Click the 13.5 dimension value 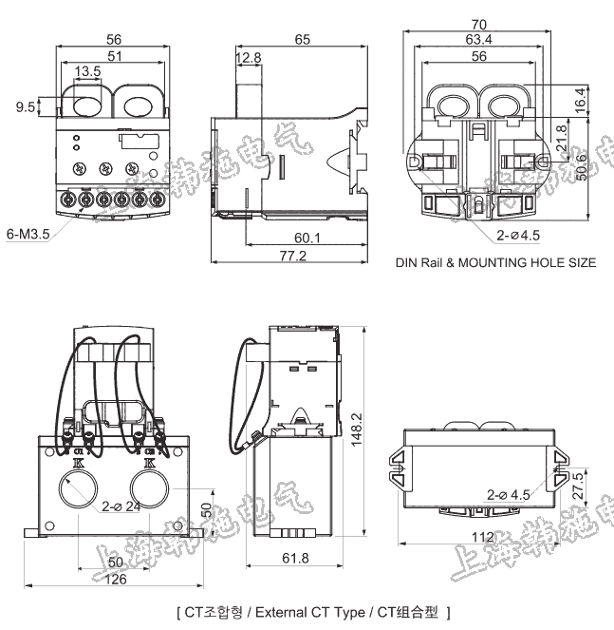[x=88, y=72]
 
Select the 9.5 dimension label [x=26, y=107]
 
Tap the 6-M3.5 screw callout [x=28, y=233]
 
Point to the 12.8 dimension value [x=249, y=59]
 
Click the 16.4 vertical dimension [x=579, y=97]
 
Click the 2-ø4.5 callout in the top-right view [x=518, y=233]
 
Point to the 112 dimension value [x=484, y=538]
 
